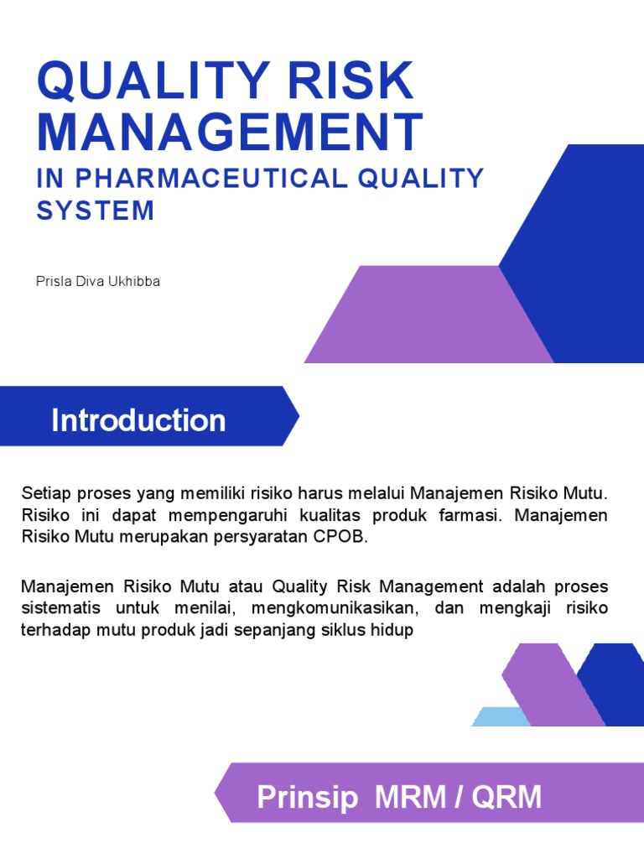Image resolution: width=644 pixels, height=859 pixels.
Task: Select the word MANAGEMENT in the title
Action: (230, 132)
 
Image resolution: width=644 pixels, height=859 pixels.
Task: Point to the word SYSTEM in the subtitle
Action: (96, 210)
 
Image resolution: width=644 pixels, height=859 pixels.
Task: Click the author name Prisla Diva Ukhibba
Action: (98, 281)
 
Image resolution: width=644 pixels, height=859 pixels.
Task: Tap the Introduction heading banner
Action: (139, 419)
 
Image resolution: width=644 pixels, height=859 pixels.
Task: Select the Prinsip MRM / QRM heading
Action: (399, 797)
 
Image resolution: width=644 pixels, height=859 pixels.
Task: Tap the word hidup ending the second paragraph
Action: (394, 630)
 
